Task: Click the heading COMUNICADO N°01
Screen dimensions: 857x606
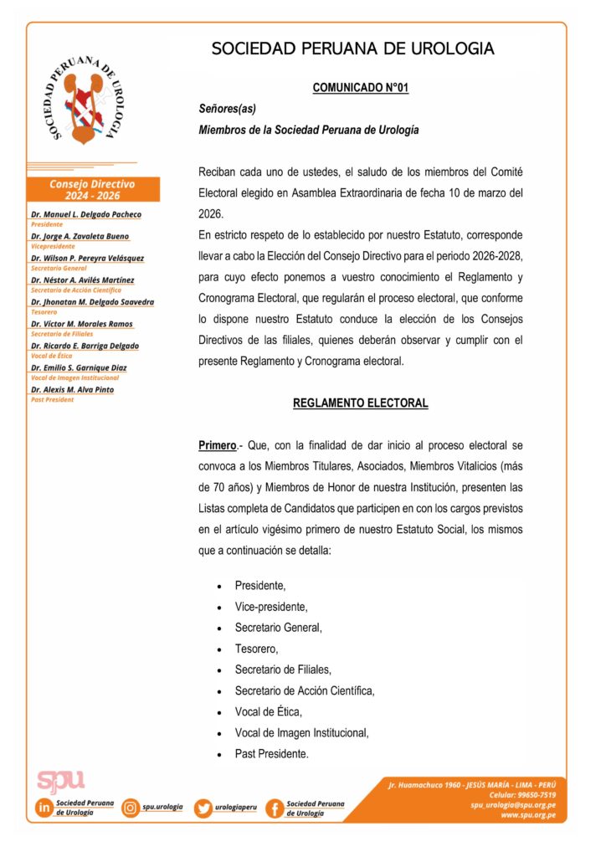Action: [x=360, y=87]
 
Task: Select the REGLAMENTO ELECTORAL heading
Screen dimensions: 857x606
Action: [x=360, y=403]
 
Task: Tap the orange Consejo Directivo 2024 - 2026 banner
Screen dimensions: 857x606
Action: [x=92, y=189]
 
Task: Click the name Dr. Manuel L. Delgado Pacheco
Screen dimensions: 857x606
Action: [x=86, y=214]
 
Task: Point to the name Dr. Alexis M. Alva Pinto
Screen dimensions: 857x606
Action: [x=72, y=389]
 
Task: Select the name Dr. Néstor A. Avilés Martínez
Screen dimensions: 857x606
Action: [x=82, y=280]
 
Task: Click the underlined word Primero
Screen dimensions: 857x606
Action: [x=216, y=444]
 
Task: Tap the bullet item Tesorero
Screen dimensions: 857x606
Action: [x=256, y=649]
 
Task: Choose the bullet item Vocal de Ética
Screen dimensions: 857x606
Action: [x=268, y=711]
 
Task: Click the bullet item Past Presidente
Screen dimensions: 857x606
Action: [x=271, y=753]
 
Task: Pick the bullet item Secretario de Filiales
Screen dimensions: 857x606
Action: [x=283, y=670]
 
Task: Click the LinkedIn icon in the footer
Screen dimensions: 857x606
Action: [x=43, y=808]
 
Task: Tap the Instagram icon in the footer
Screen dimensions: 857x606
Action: [x=131, y=808]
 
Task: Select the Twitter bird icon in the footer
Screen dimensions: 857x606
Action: [x=203, y=808]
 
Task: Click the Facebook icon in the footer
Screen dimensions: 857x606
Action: [x=274, y=808]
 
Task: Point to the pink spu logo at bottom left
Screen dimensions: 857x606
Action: [x=60, y=779]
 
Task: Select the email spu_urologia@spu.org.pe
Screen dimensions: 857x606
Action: [x=513, y=805]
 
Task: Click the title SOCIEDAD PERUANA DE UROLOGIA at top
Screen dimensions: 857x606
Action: [x=352, y=49]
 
